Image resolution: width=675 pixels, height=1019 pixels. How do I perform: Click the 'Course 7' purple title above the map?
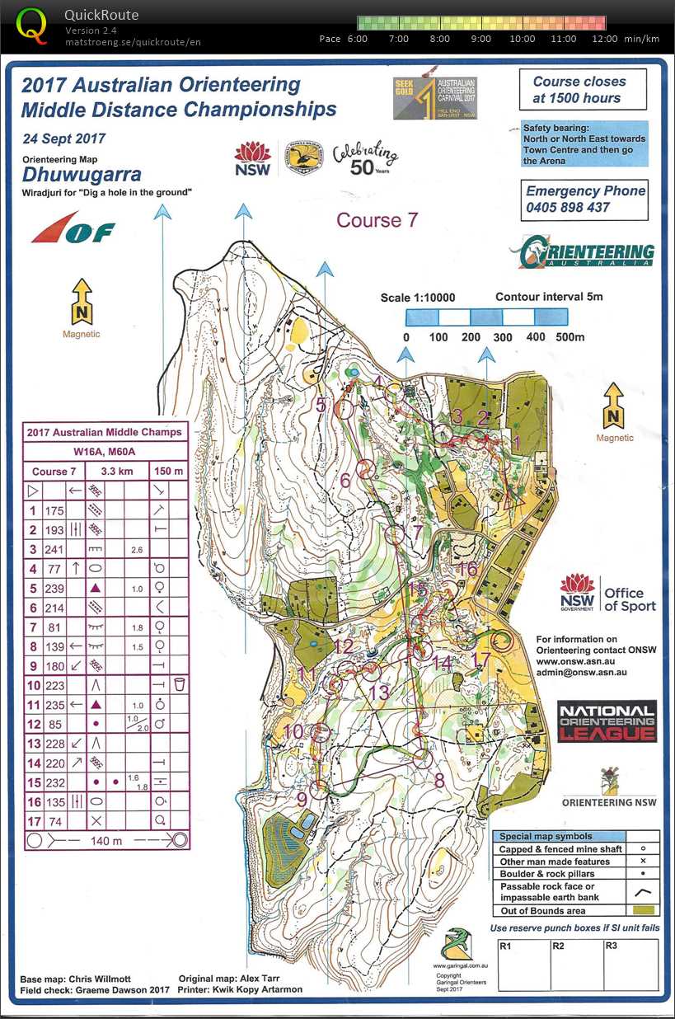click(x=377, y=220)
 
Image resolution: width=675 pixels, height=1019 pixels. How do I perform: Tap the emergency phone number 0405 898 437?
click(x=568, y=207)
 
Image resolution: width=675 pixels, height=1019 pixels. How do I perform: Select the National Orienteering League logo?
click(x=607, y=721)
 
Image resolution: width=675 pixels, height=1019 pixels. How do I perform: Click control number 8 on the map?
click(x=439, y=780)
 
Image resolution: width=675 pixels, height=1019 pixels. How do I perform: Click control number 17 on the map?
click(x=483, y=660)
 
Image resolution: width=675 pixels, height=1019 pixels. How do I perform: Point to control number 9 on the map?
click(x=302, y=798)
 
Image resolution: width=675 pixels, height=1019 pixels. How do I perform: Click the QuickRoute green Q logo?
click(x=32, y=25)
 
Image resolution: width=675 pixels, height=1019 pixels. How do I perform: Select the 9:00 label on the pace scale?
click(x=480, y=39)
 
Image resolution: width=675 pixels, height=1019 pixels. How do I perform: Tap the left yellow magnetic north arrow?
click(x=82, y=301)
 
